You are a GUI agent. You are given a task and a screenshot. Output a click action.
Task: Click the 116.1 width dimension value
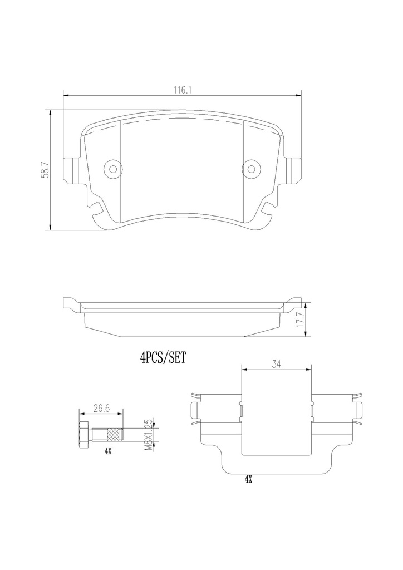[x=182, y=90]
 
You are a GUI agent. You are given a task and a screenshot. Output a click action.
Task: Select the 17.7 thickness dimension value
[x=299, y=320]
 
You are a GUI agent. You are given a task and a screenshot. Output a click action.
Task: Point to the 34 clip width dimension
[x=277, y=364]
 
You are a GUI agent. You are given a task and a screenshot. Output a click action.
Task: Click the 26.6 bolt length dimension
[x=101, y=408]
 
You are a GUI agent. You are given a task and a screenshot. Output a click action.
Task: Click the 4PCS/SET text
[x=163, y=358]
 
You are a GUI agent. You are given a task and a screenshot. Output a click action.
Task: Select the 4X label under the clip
[x=248, y=479]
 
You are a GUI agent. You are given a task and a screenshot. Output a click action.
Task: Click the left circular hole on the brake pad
[x=113, y=169]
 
